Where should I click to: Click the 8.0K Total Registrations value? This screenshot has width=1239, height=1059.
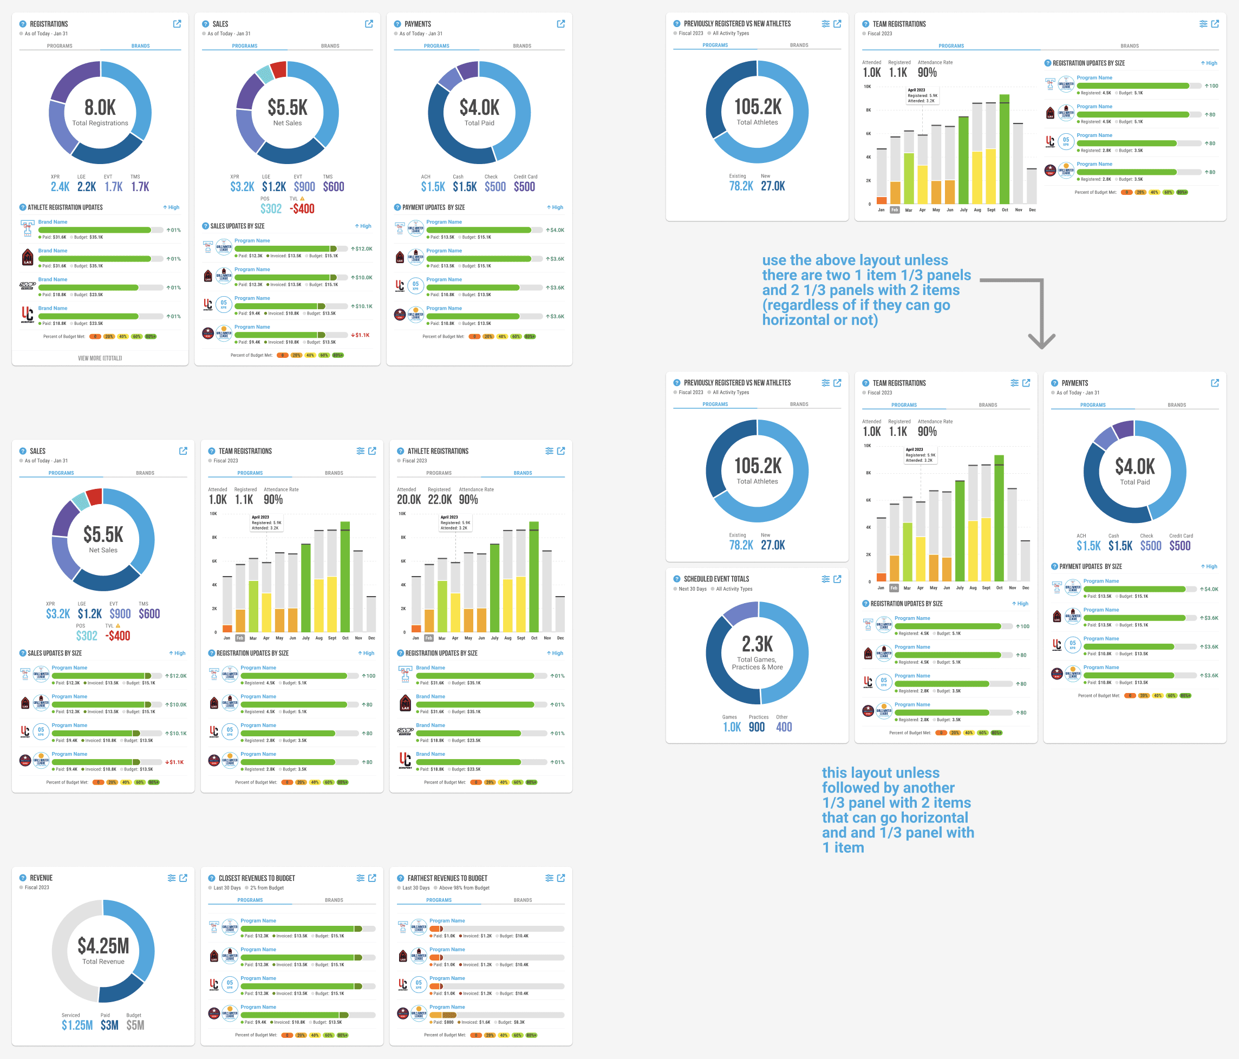pyautogui.click(x=100, y=108)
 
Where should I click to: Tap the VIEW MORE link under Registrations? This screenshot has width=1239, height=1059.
pyautogui.click(x=100, y=358)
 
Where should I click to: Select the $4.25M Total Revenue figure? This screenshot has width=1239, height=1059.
pyautogui.click(x=103, y=946)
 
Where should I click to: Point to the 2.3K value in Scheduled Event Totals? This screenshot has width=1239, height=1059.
pyautogui.click(x=757, y=644)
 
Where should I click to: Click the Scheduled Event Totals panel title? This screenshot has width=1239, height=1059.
pyautogui.click(x=716, y=579)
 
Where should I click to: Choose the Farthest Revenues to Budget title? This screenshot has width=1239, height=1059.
pyautogui.click(x=447, y=878)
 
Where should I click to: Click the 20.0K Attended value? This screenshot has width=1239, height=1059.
pyautogui.click(x=408, y=500)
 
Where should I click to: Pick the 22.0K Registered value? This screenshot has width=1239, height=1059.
pyautogui.click(x=440, y=500)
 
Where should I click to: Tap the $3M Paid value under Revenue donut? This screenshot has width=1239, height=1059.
pyautogui.click(x=109, y=1025)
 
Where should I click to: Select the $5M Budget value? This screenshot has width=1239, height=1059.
pyautogui.click(x=135, y=1025)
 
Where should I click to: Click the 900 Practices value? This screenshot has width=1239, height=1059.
pyautogui.click(x=757, y=727)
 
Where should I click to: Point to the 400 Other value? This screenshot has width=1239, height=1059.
pyautogui.click(x=784, y=727)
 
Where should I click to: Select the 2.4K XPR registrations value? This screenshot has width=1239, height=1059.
pyautogui.click(x=60, y=187)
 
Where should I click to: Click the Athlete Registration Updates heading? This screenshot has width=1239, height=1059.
pyautogui.click(x=64, y=207)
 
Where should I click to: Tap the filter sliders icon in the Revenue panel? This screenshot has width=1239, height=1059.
pyautogui.click(x=172, y=878)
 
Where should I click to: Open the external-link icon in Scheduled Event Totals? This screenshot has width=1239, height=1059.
pyautogui.click(x=837, y=579)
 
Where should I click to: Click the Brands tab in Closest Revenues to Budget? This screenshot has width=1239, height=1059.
pyautogui.click(x=334, y=900)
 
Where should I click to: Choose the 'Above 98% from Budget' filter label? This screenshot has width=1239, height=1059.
pyautogui.click(x=464, y=888)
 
